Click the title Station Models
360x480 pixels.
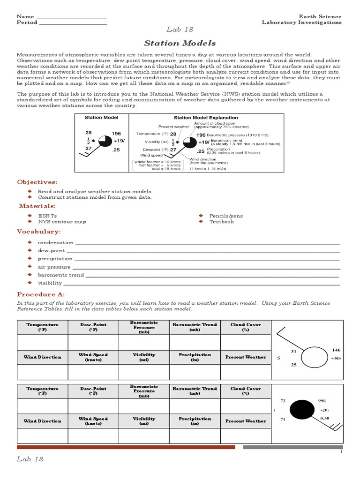[180, 43]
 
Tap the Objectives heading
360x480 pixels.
[37, 182]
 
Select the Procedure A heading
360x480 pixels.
[41, 294]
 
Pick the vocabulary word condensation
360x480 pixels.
[55, 243]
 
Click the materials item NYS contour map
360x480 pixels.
[62, 222]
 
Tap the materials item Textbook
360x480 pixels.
[221, 222]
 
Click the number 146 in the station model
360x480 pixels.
[336, 350]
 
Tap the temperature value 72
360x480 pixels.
[283, 402]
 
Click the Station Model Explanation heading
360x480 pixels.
[206, 118]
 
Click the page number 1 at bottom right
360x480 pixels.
[341, 452]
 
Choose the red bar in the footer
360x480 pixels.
[126, 447]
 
